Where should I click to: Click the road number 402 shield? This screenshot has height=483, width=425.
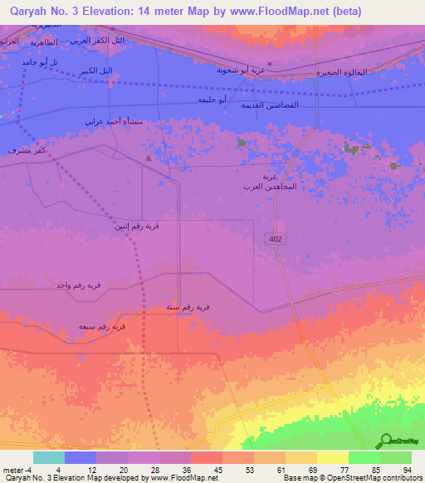point(275,239)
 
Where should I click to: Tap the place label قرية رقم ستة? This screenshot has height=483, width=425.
point(188,307)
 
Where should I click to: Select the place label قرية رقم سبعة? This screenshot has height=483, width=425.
point(102,327)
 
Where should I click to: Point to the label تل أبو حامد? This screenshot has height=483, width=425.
point(42,62)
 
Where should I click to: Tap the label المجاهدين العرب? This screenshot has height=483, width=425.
point(269,187)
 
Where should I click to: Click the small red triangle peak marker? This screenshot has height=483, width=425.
point(149,157)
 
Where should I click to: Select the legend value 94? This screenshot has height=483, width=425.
point(407,469)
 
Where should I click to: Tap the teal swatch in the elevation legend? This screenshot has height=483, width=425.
point(48,457)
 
